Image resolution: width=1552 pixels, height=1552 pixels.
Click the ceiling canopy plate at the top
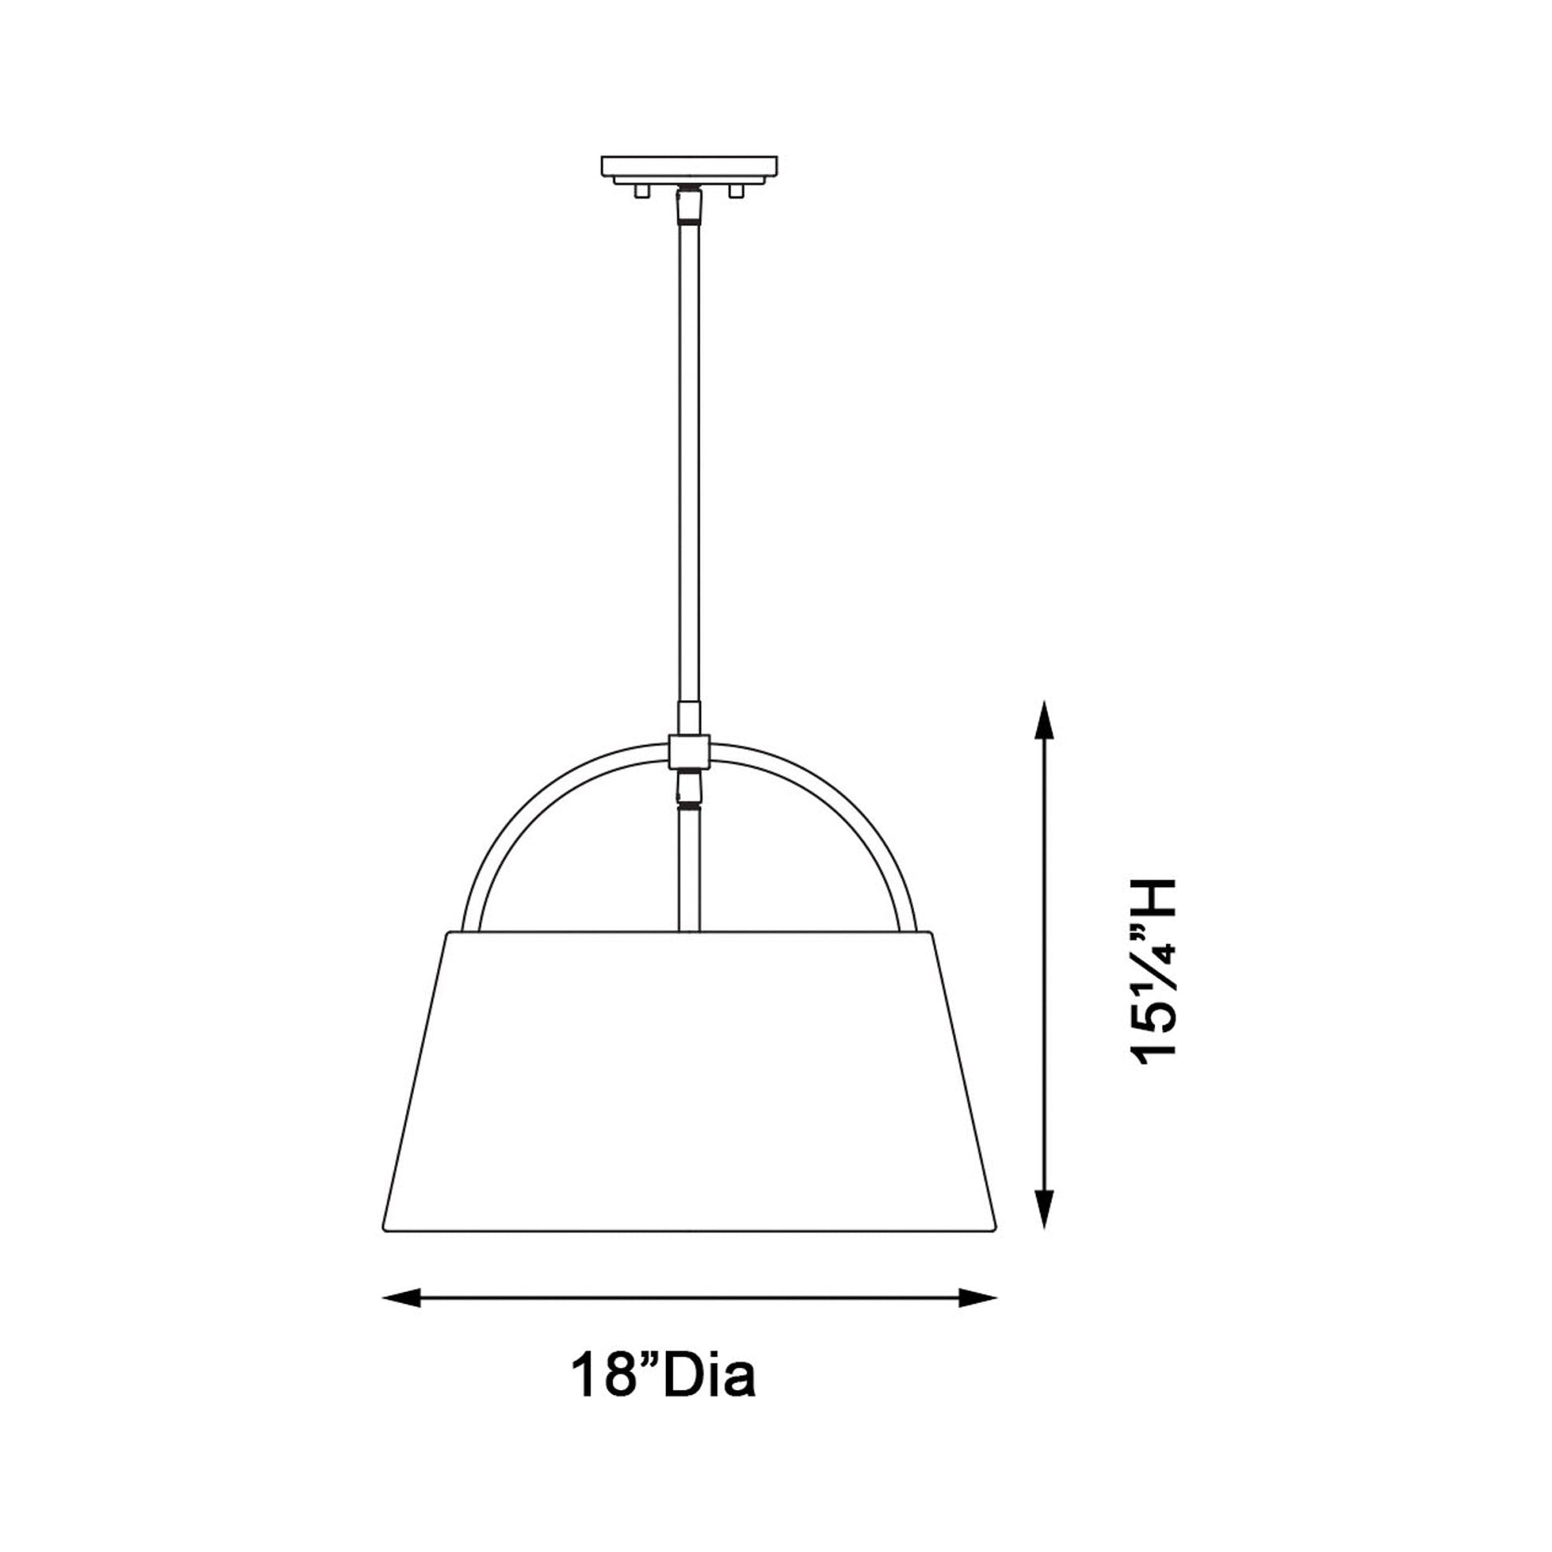point(689,166)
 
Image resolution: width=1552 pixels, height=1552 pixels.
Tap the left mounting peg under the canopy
point(640,191)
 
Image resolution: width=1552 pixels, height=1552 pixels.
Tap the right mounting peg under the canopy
point(735,191)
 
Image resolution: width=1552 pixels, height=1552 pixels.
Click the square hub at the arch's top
point(689,751)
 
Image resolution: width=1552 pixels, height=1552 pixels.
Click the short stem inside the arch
point(689,868)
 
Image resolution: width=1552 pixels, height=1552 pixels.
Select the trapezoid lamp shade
point(689,1085)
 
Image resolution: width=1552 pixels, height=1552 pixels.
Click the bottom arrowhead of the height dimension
point(1043,1229)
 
